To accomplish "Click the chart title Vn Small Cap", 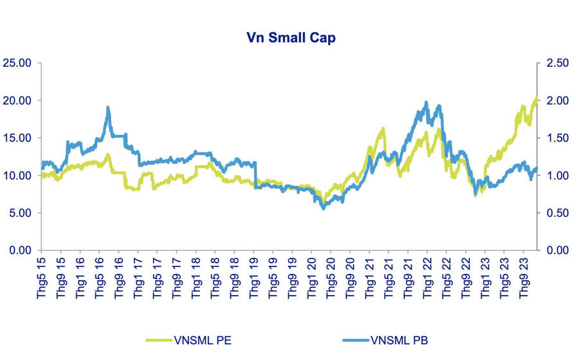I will (291, 38).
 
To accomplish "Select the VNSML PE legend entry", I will (197, 340).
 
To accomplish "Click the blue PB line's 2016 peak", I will (108, 107).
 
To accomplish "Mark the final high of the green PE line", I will (537, 98).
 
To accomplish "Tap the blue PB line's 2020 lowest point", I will (324, 208).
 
